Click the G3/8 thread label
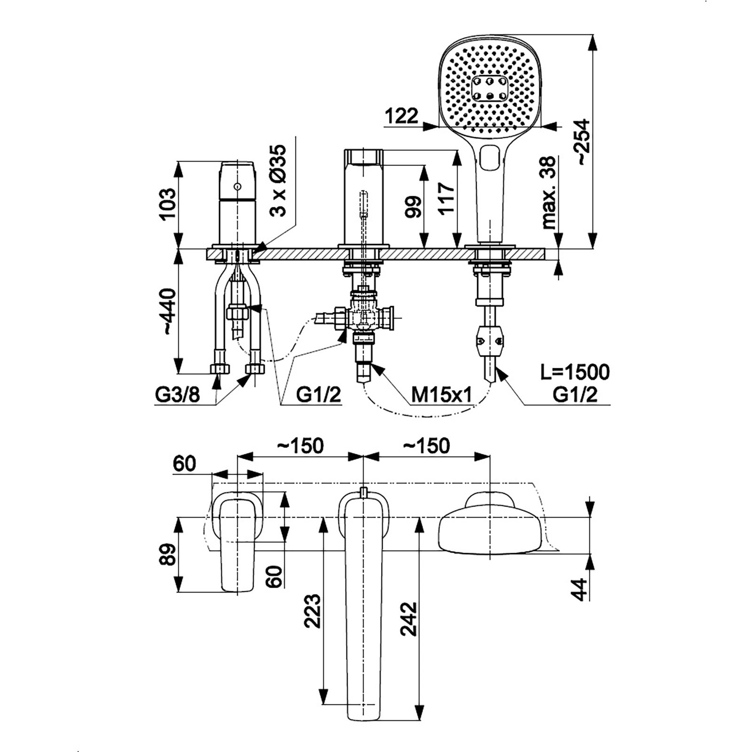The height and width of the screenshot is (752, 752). point(177,395)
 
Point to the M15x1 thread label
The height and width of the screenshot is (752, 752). point(441,395)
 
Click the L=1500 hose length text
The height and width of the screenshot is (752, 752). point(575,372)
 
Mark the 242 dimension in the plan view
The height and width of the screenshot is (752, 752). point(409,618)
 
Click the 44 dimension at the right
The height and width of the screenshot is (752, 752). point(581,589)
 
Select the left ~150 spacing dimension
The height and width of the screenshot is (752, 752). point(300,446)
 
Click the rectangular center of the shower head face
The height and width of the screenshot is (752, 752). point(490,88)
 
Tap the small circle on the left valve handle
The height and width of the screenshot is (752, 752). point(237,187)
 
